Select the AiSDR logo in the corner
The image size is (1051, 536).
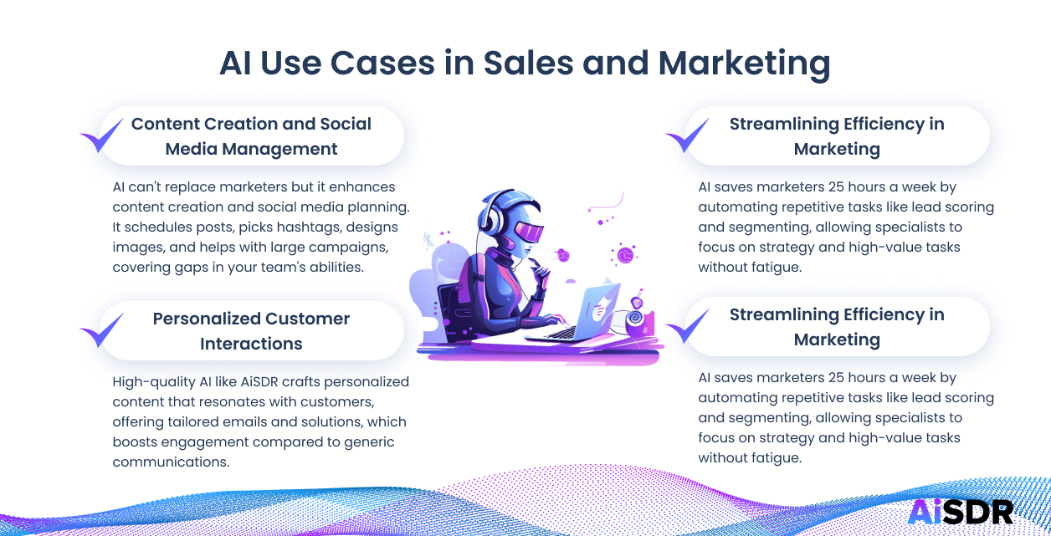click(x=960, y=511)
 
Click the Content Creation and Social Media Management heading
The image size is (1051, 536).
click(x=251, y=136)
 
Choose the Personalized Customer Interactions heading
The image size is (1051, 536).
click(x=251, y=331)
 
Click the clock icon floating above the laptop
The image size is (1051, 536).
click(x=625, y=253)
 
